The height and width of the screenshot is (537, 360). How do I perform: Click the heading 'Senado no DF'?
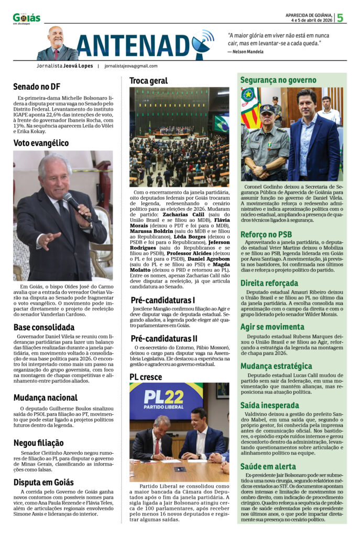[x=37, y=87]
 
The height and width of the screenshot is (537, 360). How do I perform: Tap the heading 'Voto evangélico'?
[x=41, y=143]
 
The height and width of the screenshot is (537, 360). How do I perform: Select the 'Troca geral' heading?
[x=149, y=81]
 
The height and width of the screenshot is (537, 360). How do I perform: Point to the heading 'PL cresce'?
[x=146, y=377]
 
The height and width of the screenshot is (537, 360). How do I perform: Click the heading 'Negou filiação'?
[x=39, y=443]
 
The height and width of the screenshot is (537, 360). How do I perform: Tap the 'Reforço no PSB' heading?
[x=266, y=234]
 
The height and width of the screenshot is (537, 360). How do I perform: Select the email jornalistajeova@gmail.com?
[x=131, y=66]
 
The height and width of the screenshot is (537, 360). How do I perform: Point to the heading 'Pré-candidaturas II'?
[x=164, y=338]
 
